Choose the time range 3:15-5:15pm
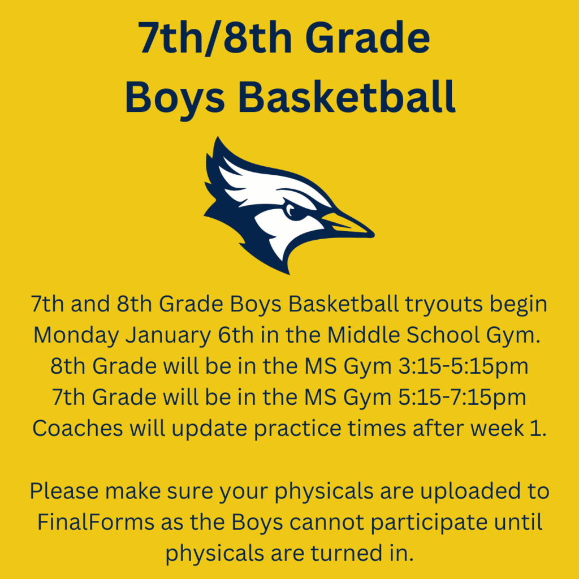pos(460,366)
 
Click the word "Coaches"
pos(77,428)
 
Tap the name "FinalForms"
pos(94,522)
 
